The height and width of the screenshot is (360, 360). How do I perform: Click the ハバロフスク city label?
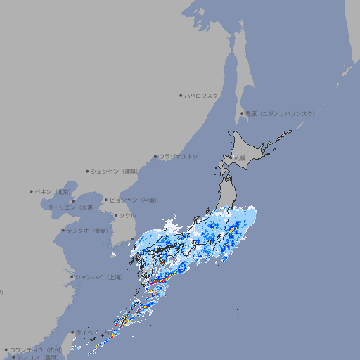click(202, 95)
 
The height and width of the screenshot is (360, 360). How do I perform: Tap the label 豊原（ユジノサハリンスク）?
click(281, 113)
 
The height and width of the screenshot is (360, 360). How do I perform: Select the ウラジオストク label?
click(179, 156)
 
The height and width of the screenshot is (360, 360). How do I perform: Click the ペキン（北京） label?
click(53, 191)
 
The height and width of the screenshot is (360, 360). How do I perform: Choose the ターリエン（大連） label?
click(72, 207)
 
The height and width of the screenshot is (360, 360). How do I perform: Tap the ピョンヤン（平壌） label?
click(134, 200)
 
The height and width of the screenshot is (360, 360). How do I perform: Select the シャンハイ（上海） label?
click(98, 277)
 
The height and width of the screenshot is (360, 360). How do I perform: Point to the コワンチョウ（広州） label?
click(36, 349)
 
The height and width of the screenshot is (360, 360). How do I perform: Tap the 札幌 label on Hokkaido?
click(240, 159)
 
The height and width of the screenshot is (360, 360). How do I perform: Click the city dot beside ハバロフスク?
click(181, 95)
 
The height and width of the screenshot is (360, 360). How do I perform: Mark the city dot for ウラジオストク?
click(155, 156)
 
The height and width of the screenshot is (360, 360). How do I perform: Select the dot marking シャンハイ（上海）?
click(72, 277)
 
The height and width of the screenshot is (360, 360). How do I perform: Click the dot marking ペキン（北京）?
click(32, 191)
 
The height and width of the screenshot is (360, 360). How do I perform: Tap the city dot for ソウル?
click(115, 215)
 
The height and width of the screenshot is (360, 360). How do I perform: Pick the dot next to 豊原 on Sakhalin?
click(242, 113)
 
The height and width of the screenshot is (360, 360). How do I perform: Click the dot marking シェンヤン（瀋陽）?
click(87, 171)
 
